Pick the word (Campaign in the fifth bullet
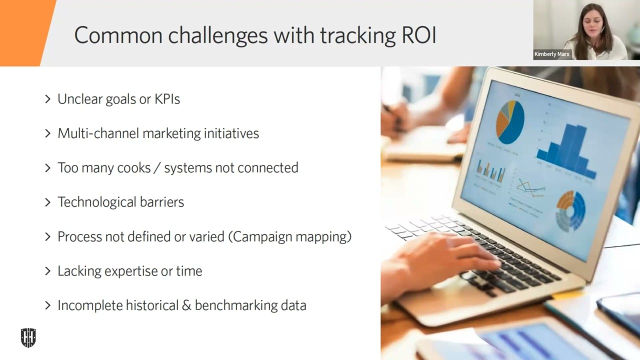[x=263, y=236]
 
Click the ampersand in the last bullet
[x=186, y=305]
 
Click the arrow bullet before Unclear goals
[x=48, y=99]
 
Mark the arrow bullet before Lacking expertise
[x=48, y=271]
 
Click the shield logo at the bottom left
[x=28, y=338]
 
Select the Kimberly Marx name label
[x=552, y=54]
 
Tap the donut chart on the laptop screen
[x=571, y=210]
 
